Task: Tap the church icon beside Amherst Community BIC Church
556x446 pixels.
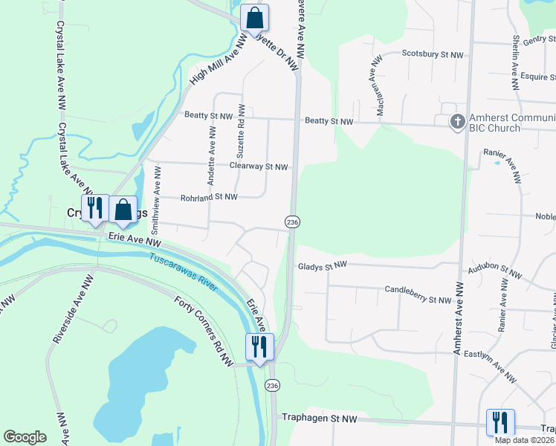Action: [x=458, y=121]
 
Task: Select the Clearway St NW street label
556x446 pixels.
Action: [x=258, y=167]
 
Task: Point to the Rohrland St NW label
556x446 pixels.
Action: [x=209, y=197]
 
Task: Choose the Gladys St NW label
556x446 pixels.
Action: [x=323, y=265]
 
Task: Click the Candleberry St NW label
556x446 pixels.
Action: [x=418, y=294]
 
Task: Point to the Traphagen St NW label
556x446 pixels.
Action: [x=320, y=419]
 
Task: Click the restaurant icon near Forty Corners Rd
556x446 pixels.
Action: [x=259, y=346]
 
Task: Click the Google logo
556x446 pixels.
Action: [x=25, y=437]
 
